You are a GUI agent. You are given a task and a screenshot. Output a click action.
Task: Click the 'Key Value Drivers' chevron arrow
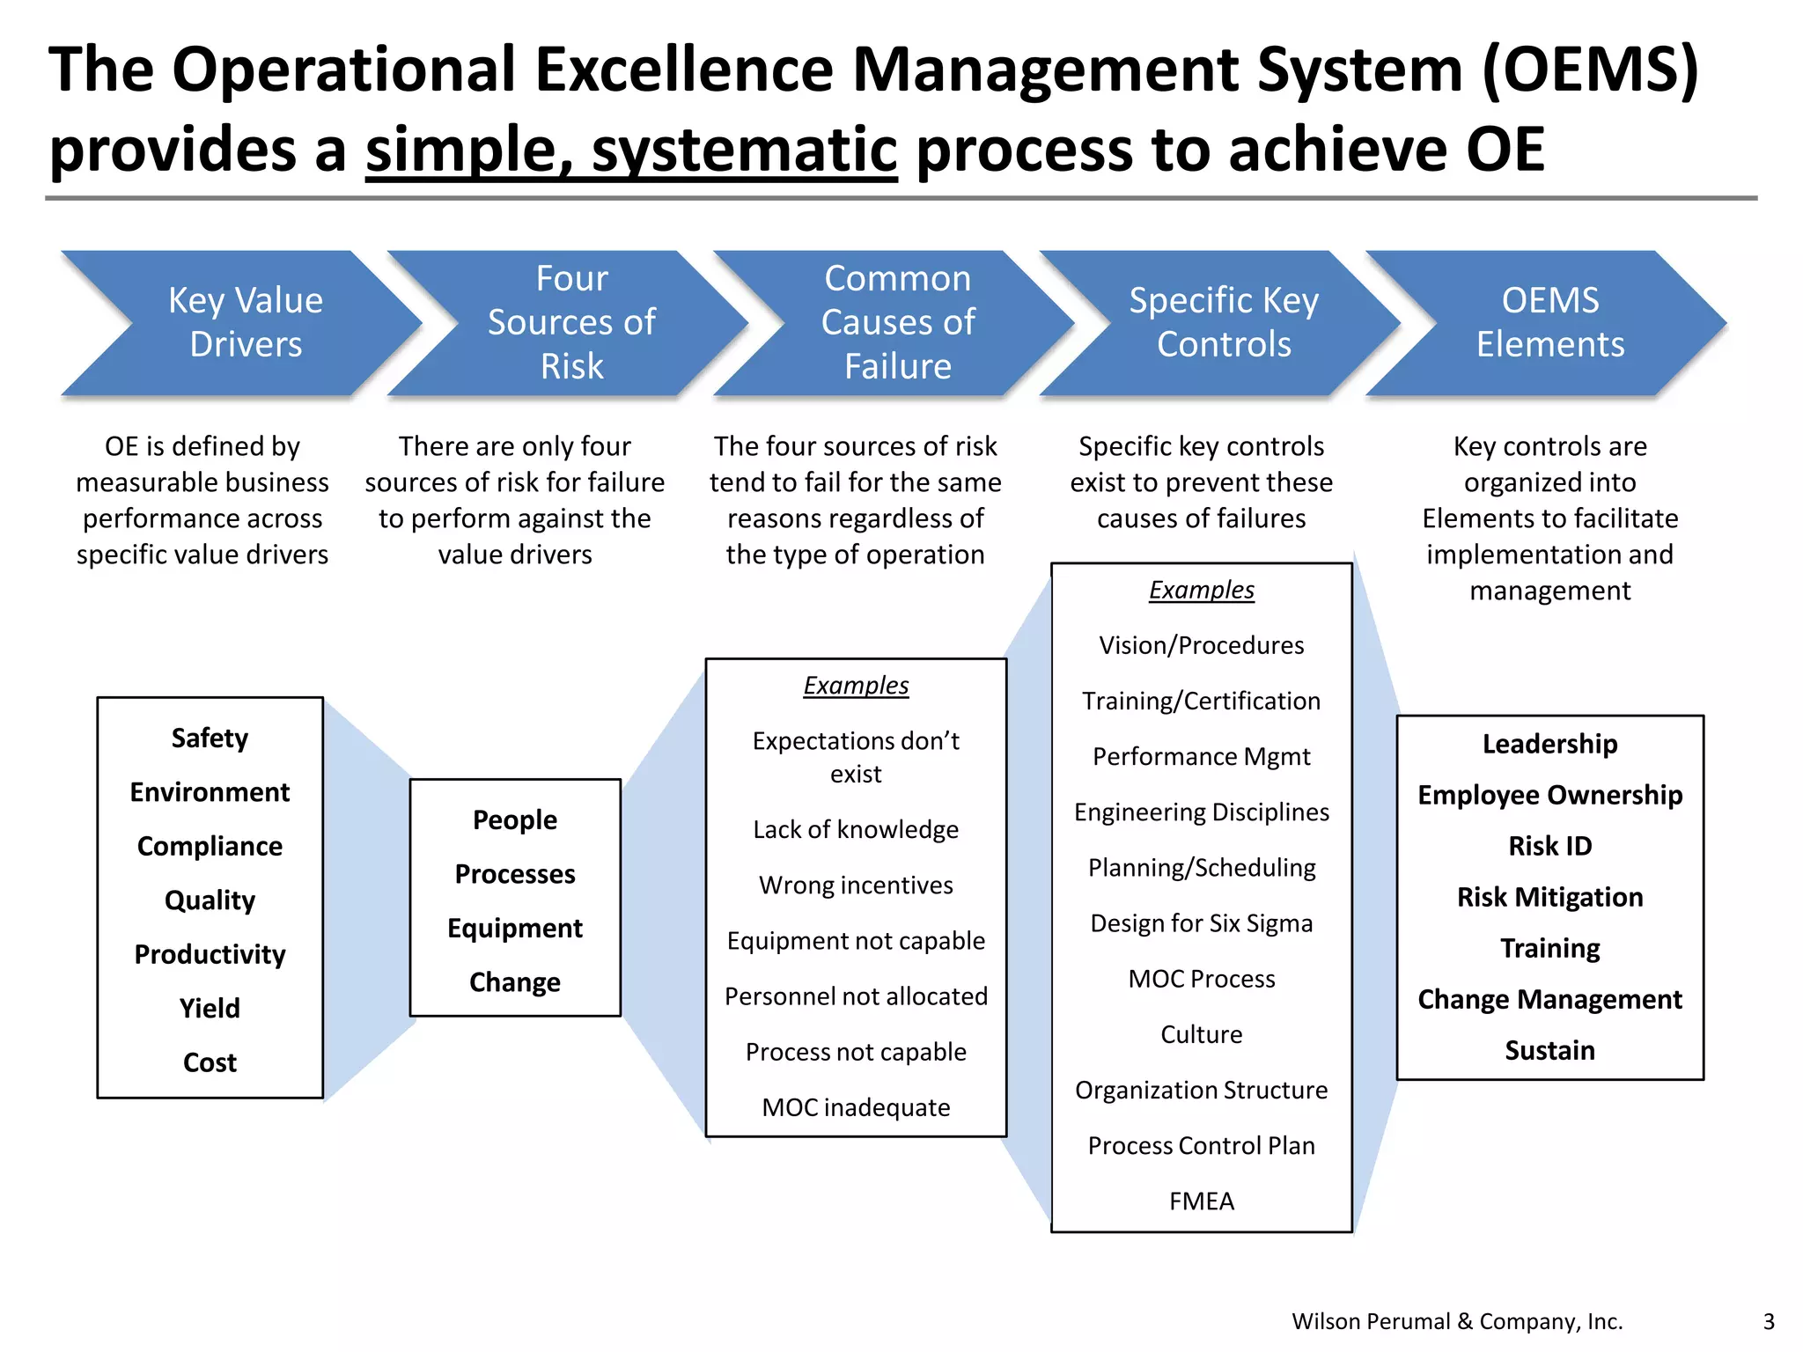pos(245,322)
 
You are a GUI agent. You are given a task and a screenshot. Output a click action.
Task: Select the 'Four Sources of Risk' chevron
pos(571,322)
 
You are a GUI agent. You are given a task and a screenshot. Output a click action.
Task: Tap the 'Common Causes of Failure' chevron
pos(897,322)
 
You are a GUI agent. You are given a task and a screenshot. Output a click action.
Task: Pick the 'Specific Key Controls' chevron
pos(1224,322)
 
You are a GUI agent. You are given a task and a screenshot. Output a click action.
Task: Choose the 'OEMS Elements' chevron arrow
pos(1549,322)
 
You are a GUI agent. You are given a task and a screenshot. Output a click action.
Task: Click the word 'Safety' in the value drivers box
pos(210,738)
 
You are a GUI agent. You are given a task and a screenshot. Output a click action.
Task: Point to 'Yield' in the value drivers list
pos(210,1008)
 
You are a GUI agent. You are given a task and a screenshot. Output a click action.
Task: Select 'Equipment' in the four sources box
pos(515,928)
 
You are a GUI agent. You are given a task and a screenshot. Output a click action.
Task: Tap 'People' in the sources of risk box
pos(515,819)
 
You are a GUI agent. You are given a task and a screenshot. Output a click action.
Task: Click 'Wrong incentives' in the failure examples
pos(856,885)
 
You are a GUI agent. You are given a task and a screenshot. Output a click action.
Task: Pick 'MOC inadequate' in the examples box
pos(856,1107)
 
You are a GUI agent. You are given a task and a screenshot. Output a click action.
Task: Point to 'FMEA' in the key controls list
pos(1202,1201)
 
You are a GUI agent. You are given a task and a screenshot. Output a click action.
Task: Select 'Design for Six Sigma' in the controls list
pos(1202,923)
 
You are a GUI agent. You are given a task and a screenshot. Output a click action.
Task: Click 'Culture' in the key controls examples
pos(1202,1034)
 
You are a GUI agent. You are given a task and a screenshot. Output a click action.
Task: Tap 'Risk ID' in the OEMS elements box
pos(1550,846)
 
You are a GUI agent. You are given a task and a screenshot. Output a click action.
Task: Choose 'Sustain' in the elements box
pos(1550,1050)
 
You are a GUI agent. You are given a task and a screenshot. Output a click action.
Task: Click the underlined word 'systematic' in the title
pos(744,150)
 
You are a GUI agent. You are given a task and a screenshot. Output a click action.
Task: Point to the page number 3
pos(1769,1321)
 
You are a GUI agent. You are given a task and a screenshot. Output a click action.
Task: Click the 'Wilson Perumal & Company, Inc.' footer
pos(1457,1321)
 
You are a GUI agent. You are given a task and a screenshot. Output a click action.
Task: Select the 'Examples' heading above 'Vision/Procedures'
pos(1202,590)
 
